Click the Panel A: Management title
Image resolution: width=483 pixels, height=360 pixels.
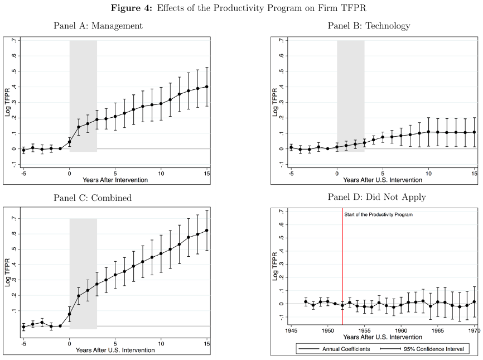(x=98, y=26)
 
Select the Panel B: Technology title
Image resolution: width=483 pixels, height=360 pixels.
(x=369, y=26)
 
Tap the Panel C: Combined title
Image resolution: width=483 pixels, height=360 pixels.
(x=93, y=198)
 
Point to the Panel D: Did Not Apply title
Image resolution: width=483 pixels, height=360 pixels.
(x=369, y=197)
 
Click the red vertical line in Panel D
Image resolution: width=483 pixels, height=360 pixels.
(x=342, y=262)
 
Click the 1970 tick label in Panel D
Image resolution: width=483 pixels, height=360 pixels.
(x=474, y=330)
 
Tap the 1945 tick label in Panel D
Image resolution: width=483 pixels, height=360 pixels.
(x=291, y=330)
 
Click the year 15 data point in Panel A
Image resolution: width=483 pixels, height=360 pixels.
(x=207, y=87)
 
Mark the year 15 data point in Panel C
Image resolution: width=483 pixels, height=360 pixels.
(x=207, y=231)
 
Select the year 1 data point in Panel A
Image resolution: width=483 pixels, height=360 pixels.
(x=79, y=127)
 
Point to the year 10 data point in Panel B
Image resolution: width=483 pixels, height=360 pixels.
(x=428, y=132)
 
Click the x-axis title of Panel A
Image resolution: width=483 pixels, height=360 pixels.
(x=115, y=180)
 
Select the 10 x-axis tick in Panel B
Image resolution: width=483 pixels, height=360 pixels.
(x=428, y=174)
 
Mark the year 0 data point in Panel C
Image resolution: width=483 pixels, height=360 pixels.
(x=70, y=314)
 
